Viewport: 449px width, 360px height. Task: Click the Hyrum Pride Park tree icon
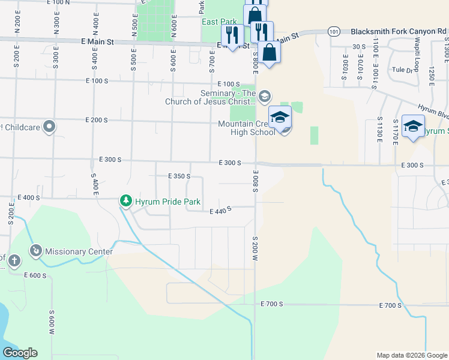pyautogui.click(x=125, y=201)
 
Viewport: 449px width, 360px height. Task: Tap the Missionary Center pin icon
pyautogui.click(x=35, y=250)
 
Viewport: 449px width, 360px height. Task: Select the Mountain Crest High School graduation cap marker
pyautogui.click(x=280, y=118)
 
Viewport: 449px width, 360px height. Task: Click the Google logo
pyautogui.click(x=20, y=353)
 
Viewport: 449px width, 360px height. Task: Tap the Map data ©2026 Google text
pyautogui.click(x=411, y=355)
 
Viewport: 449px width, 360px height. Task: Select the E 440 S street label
pyautogui.click(x=220, y=210)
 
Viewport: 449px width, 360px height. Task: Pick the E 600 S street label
pyautogui.click(x=35, y=275)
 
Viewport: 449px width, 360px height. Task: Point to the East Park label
pyautogui.click(x=219, y=22)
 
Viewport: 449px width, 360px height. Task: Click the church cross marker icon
pyautogui.click(x=14, y=261)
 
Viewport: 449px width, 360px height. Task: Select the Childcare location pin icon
pyautogui.click(x=50, y=127)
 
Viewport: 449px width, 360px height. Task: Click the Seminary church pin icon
pyautogui.click(x=265, y=96)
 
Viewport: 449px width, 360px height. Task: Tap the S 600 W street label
pyautogui.click(x=52, y=323)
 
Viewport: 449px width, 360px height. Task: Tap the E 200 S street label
pyautogui.click(x=96, y=120)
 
